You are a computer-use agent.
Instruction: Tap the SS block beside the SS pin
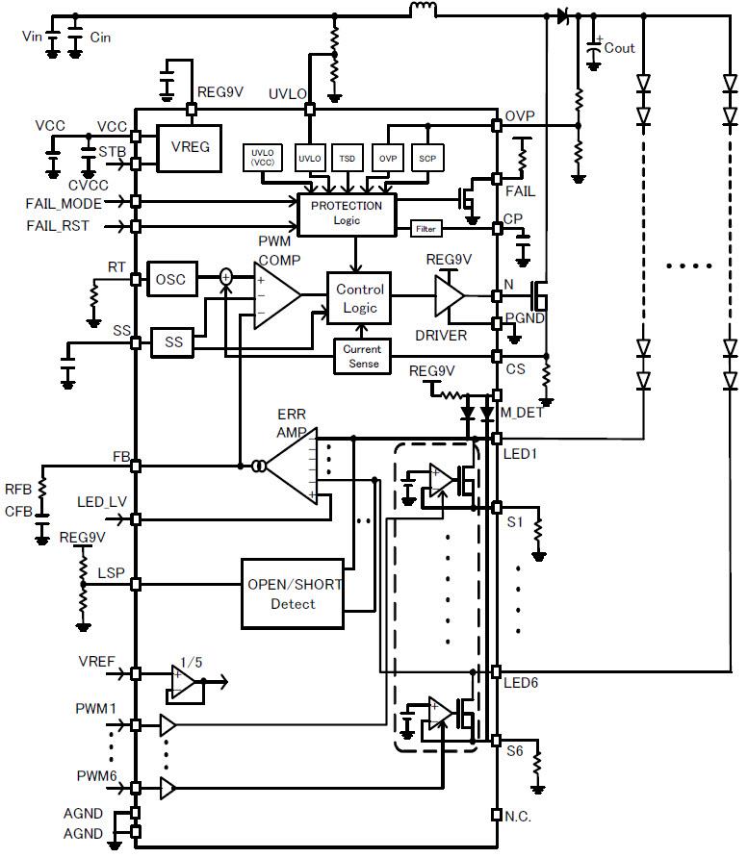pos(173,341)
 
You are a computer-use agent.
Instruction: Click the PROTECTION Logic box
pos(346,214)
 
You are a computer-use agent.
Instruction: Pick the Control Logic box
pos(359,298)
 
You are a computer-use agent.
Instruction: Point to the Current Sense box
pos(362,357)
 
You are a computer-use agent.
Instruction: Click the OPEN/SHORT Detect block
pos(293,593)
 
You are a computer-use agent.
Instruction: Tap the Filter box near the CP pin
pos(425,229)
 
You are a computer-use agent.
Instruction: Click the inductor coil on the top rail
pos(423,12)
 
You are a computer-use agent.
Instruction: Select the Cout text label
pos(619,47)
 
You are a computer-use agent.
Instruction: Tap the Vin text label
pos(32,36)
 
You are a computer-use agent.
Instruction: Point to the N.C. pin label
pos(518,816)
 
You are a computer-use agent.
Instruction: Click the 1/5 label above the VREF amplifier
pos(193,663)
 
